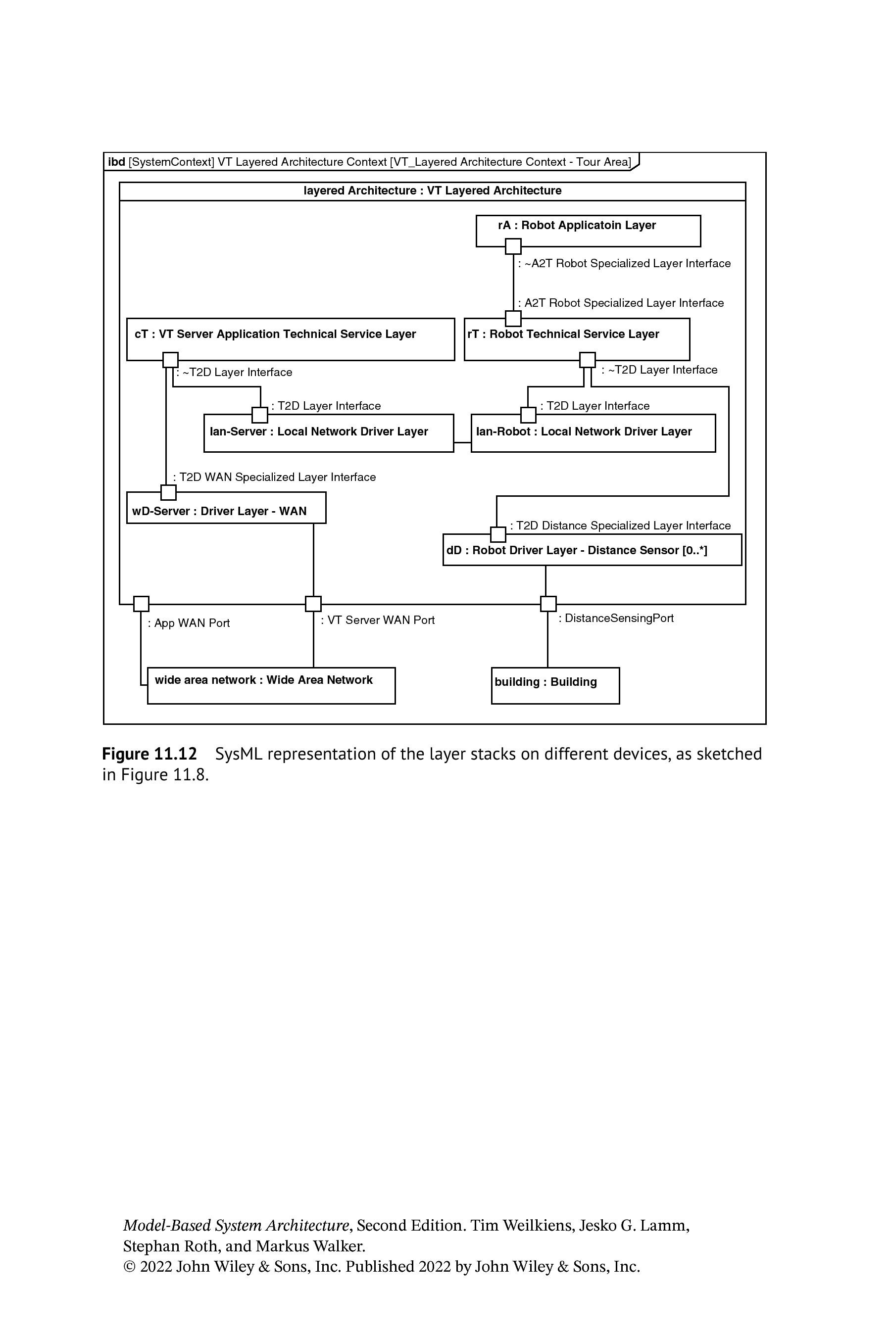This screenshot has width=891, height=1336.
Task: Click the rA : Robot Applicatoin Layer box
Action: coord(588,231)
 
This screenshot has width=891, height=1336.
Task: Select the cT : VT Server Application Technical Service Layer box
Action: coord(291,339)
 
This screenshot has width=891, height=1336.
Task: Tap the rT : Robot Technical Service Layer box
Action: coord(577,339)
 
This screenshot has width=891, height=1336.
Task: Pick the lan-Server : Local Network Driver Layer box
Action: coord(329,433)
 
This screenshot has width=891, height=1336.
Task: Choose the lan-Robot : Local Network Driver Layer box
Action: coord(593,433)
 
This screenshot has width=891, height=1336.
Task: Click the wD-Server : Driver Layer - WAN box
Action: coord(226,507)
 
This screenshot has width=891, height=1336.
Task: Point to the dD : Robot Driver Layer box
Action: coord(592,550)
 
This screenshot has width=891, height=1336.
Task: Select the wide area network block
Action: coord(271,686)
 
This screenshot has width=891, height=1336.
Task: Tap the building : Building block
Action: coord(555,686)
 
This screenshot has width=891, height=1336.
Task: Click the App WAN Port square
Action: coord(141,604)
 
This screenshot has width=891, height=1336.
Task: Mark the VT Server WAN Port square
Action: coord(313,604)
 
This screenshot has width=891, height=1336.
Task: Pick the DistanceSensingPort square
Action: coord(548,604)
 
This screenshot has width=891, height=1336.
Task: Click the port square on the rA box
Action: coord(513,246)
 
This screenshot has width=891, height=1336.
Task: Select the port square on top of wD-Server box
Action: coord(168,492)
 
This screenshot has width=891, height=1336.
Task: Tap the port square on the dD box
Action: coord(498,534)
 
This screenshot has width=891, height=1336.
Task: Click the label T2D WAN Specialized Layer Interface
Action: coord(274,477)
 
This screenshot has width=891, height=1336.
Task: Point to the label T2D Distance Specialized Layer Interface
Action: coord(621,525)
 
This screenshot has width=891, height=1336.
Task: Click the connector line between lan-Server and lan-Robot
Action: coord(462,442)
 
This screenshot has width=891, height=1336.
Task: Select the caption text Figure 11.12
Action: coord(149,754)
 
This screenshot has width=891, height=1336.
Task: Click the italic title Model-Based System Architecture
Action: coord(236,1225)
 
